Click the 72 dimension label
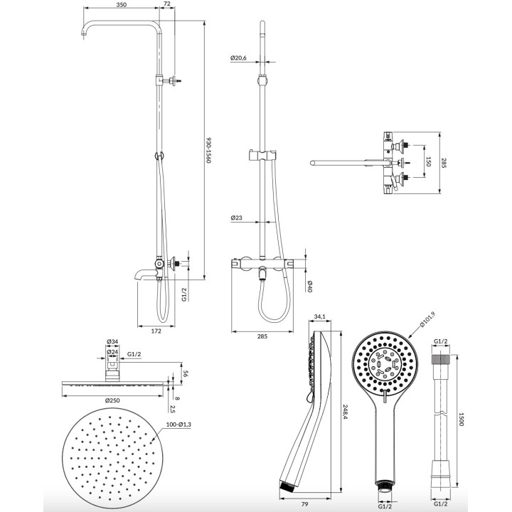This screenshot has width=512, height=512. click(x=168, y=5)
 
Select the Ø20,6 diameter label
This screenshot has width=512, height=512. click(x=238, y=58)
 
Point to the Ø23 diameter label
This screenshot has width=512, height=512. click(x=236, y=218)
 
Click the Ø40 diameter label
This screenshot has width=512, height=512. click(x=311, y=286)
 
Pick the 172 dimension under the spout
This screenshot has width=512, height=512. click(x=156, y=331)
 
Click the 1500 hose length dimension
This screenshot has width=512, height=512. click(x=463, y=420)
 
